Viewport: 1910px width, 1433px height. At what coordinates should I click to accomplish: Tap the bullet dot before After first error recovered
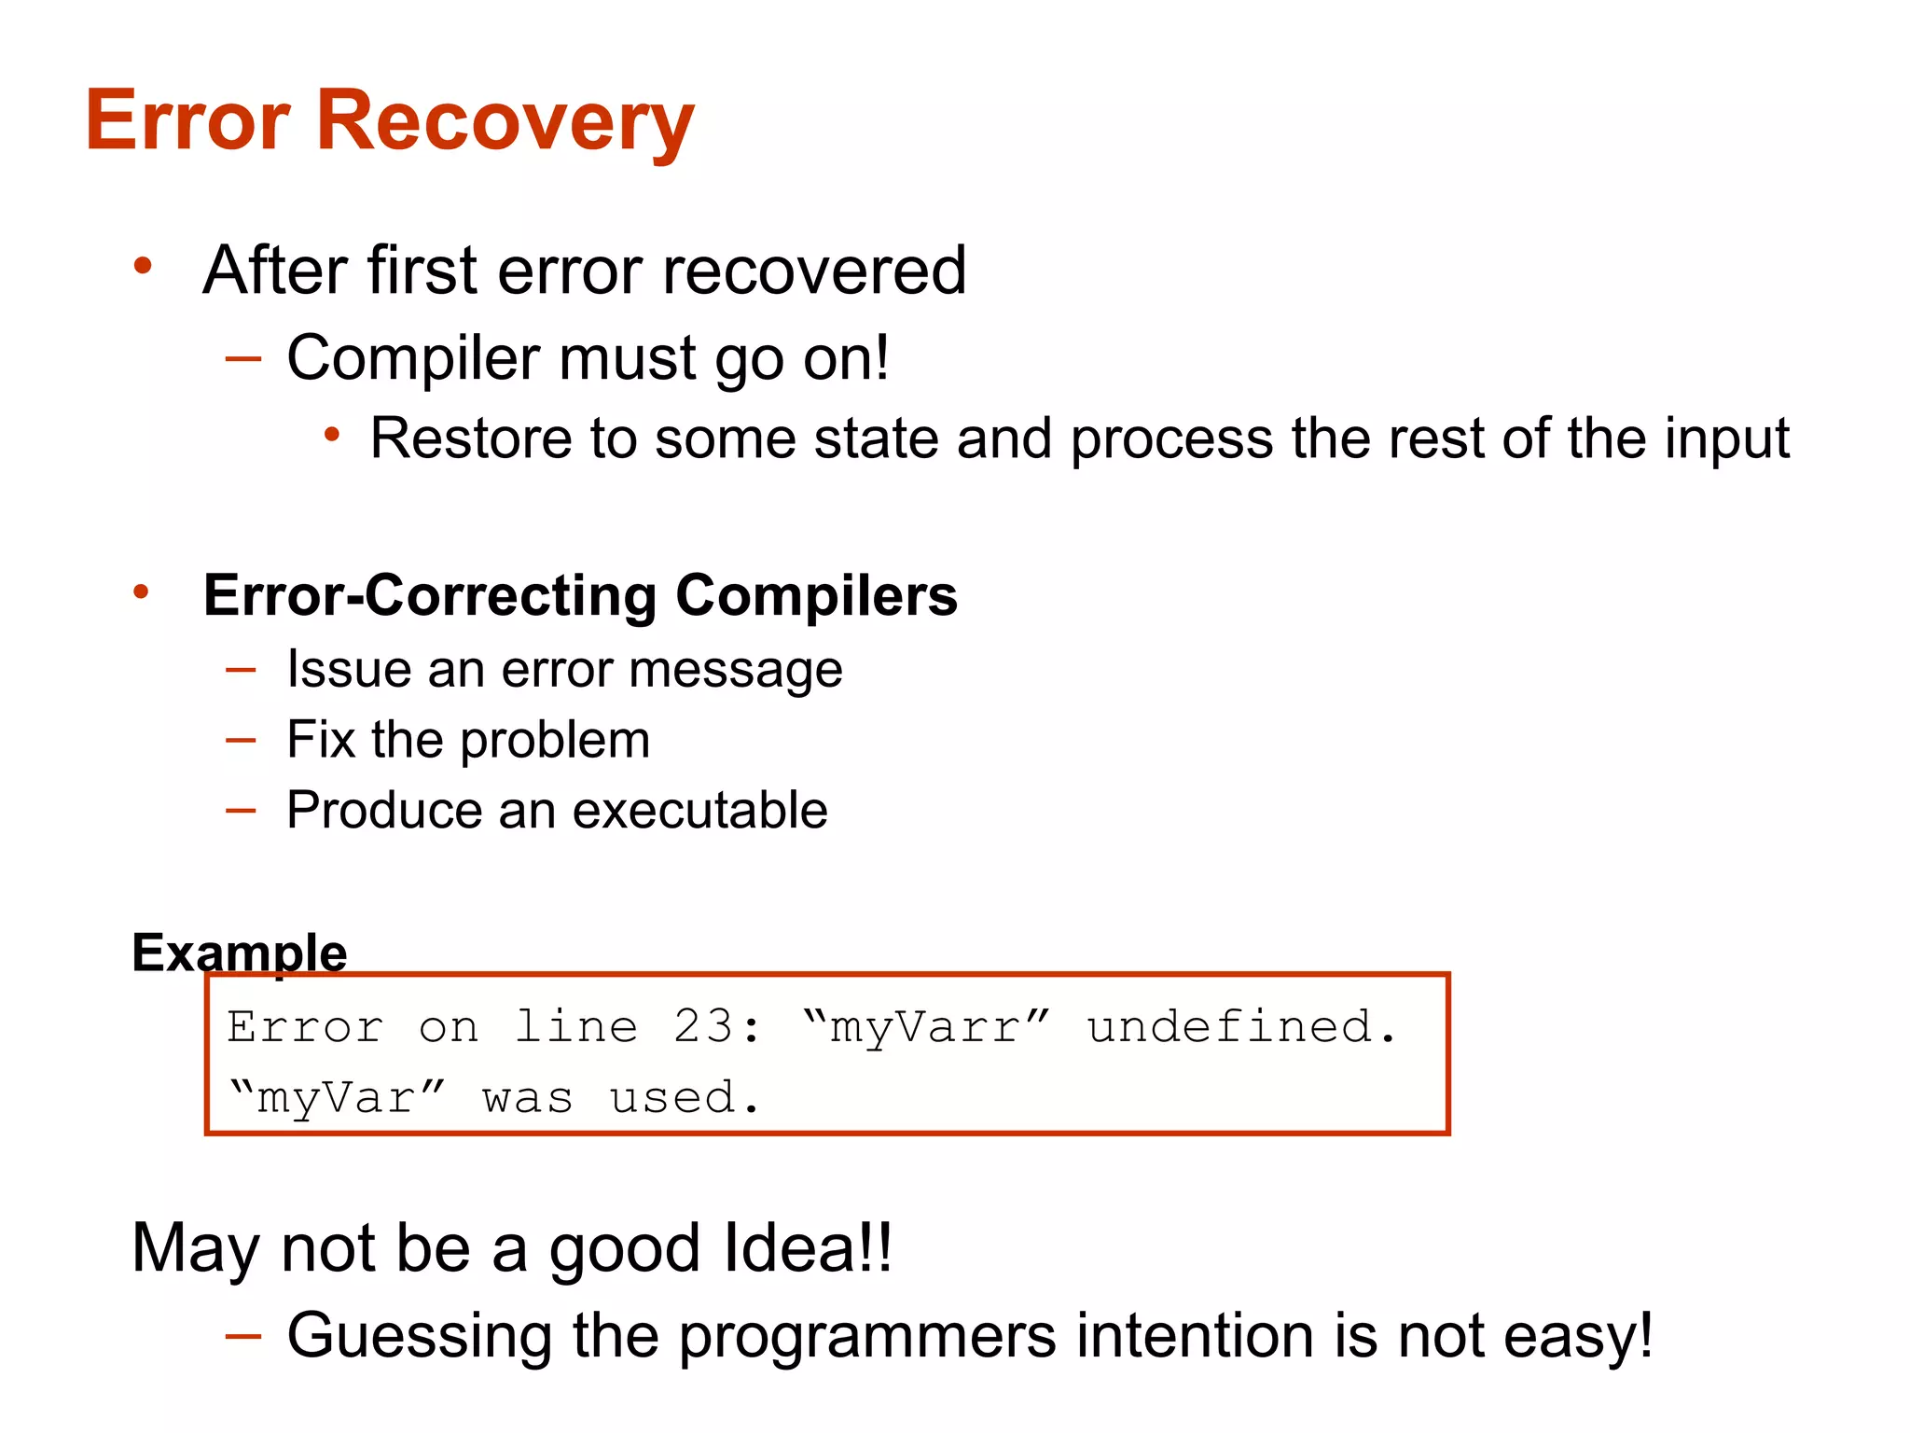pos(143,266)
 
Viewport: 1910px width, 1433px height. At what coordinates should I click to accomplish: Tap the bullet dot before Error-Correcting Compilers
pos(141,591)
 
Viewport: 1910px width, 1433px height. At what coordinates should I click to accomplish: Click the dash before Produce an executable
pos(241,810)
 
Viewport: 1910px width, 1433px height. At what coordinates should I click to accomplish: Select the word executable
pos(699,810)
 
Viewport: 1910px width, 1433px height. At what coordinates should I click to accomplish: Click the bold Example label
pos(240,953)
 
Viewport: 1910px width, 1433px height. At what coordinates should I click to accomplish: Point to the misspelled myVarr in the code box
pos(925,1028)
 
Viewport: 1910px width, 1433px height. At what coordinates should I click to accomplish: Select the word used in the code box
pos(671,1097)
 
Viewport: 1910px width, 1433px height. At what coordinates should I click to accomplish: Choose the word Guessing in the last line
pos(420,1336)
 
